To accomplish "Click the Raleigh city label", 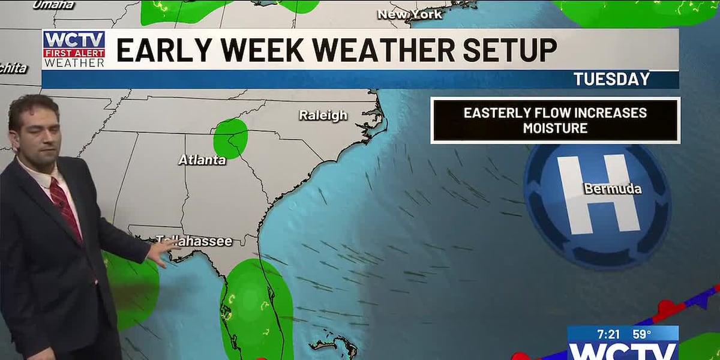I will click(x=323, y=115).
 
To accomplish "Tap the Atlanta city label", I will click(x=202, y=160).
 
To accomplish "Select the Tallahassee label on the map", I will click(x=194, y=241).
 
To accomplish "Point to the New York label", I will click(x=410, y=14).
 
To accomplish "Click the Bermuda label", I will click(x=613, y=189).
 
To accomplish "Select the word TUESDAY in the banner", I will click(x=611, y=79).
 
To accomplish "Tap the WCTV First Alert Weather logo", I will click(x=74, y=49).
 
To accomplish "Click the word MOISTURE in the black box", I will click(x=555, y=128).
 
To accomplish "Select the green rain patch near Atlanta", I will click(x=230, y=138).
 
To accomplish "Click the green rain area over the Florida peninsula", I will click(x=256, y=306).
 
